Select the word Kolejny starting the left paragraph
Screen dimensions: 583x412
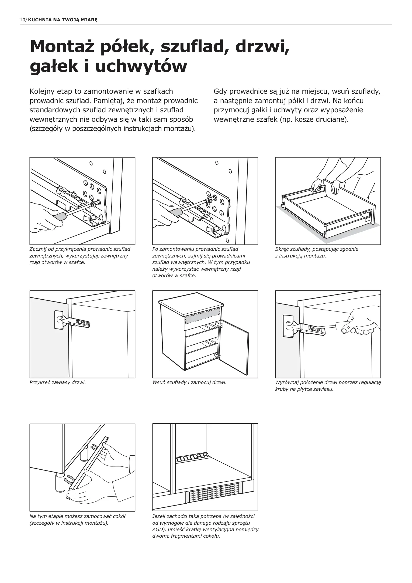click(41, 91)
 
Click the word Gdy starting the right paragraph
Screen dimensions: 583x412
click(220, 91)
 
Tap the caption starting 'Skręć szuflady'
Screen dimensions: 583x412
click(317, 252)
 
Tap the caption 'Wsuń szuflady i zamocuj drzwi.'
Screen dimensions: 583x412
click(189, 382)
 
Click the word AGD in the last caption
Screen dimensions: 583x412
click(157, 530)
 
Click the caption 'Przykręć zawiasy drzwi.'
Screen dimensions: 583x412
click(57, 382)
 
